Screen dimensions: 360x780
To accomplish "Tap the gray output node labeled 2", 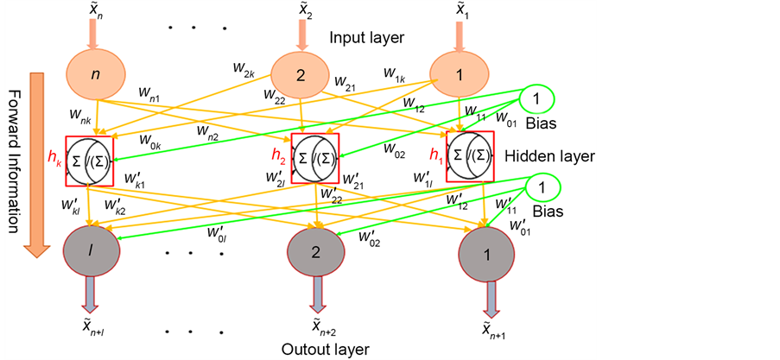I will [316, 252].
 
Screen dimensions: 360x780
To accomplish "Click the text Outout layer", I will [326, 349].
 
